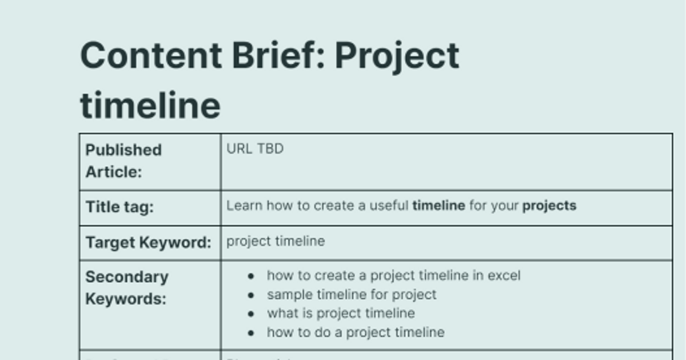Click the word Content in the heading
click(x=151, y=55)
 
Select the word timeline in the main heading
click(x=150, y=105)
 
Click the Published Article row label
click(x=123, y=161)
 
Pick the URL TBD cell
click(x=255, y=149)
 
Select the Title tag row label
click(x=119, y=207)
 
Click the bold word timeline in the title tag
click(x=438, y=206)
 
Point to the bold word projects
click(x=549, y=206)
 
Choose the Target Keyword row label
click(x=148, y=242)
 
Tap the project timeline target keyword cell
click(x=276, y=241)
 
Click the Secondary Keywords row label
click(x=127, y=287)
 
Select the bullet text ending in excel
click(x=393, y=275)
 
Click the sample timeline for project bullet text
click(x=352, y=294)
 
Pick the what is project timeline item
click(x=341, y=313)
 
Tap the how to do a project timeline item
click(x=356, y=332)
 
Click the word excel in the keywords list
click(x=504, y=275)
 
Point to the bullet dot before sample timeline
click(x=251, y=295)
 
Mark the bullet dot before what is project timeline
click(x=251, y=314)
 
